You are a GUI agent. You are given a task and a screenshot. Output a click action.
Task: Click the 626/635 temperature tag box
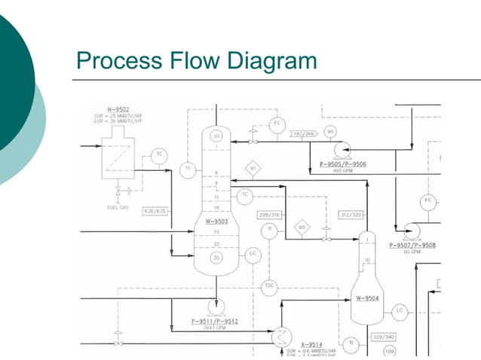[x=155, y=212]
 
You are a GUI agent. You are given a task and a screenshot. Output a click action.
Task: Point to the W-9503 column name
[x=216, y=221]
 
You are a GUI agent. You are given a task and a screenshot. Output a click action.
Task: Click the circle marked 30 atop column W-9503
[x=217, y=136]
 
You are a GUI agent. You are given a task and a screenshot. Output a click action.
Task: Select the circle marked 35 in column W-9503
[x=216, y=258]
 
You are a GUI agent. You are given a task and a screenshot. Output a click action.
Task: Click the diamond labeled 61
[x=253, y=167]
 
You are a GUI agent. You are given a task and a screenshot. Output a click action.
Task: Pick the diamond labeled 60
[x=302, y=227]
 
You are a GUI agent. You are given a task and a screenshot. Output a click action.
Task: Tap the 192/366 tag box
[x=304, y=133]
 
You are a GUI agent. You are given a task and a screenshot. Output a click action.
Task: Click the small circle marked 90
[x=330, y=132]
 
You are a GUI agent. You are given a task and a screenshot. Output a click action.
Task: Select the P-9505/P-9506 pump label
[x=343, y=163]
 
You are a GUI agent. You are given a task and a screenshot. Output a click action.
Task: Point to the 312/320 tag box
[x=351, y=215]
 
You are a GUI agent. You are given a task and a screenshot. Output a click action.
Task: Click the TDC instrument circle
[x=269, y=286]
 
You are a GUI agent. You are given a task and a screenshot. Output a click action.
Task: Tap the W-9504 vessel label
[x=367, y=298]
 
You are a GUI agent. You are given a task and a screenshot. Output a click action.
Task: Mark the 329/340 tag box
[x=384, y=337]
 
